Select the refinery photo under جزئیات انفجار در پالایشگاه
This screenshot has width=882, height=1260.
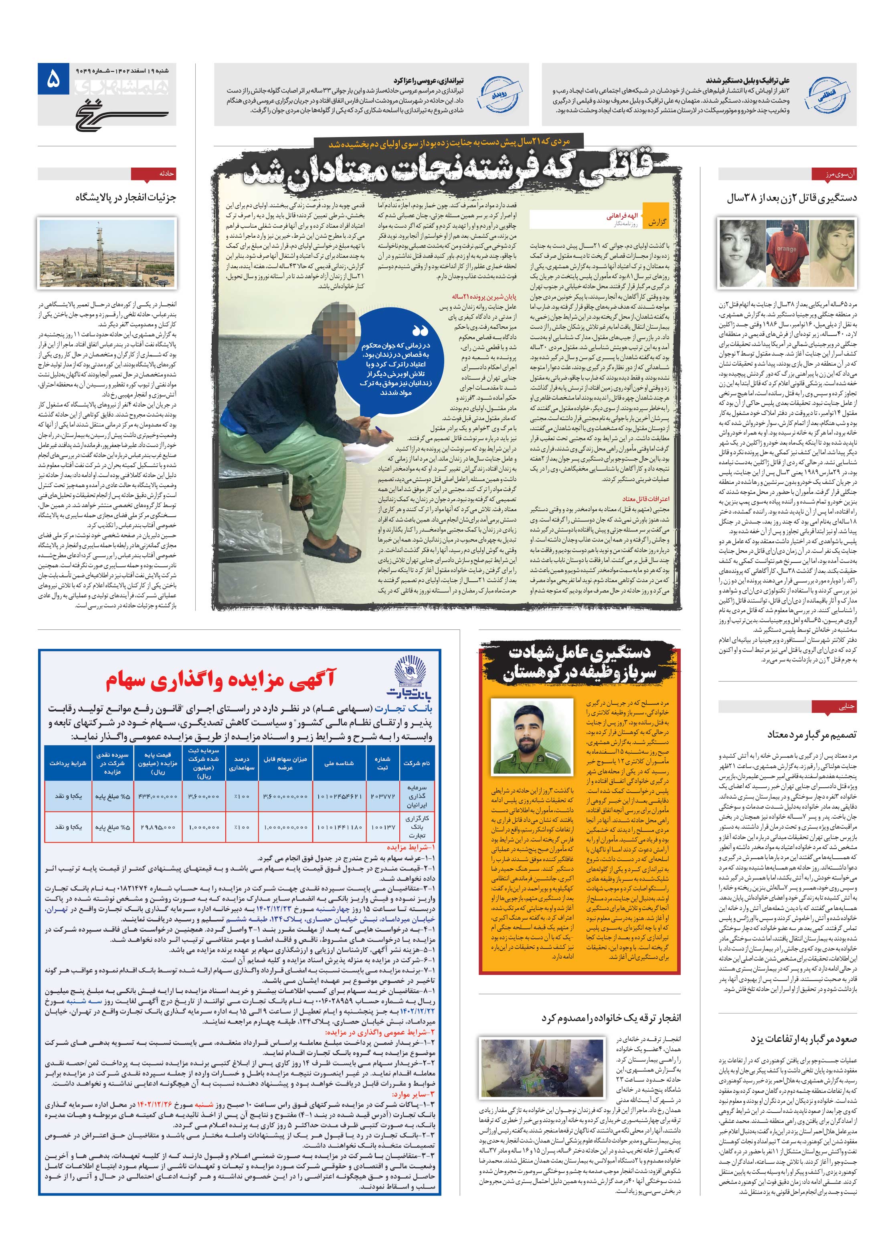107,253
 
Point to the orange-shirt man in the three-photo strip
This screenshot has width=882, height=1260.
787,253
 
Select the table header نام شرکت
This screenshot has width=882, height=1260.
417,763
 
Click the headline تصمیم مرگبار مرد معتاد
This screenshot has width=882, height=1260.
811,734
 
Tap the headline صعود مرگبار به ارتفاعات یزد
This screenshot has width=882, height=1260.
803,1039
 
